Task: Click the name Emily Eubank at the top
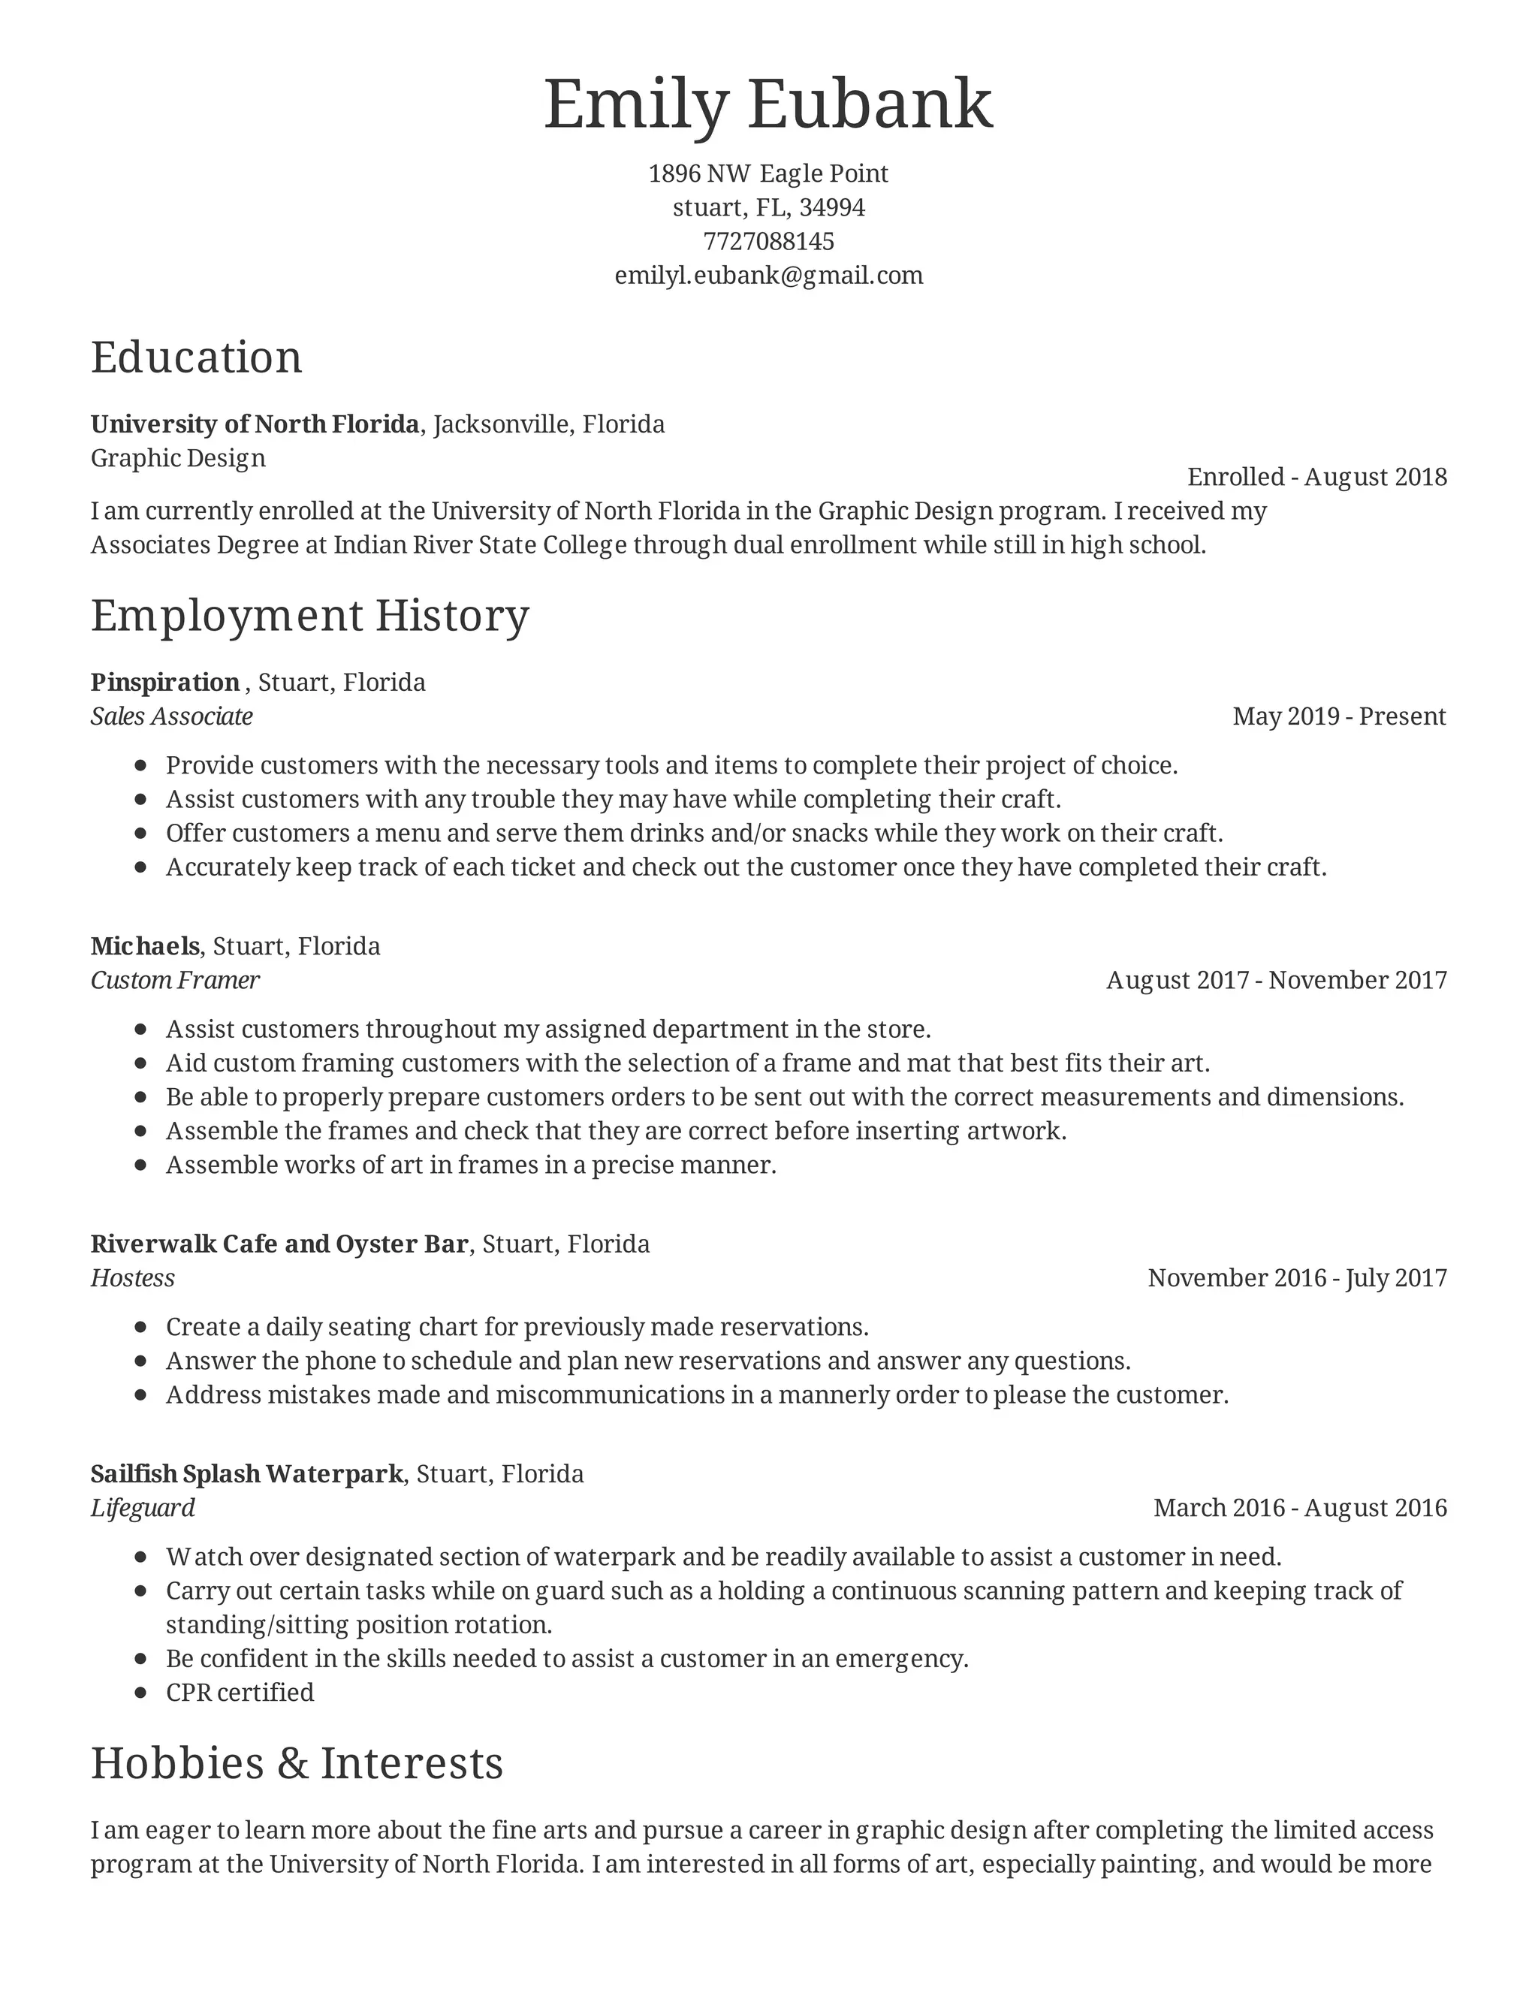click(x=768, y=105)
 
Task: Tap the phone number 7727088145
click(x=768, y=242)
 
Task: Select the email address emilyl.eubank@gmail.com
click(x=768, y=275)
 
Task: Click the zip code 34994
click(x=832, y=208)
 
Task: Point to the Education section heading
click(x=196, y=357)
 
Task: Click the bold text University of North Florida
click(x=255, y=424)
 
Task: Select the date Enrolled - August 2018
click(x=1316, y=477)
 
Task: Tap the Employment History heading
click(x=310, y=615)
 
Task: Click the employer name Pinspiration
click(x=165, y=683)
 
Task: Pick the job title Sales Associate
click(x=171, y=716)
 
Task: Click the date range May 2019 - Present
click(x=1338, y=716)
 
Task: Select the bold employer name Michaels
click(x=145, y=945)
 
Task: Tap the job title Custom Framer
click(x=175, y=981)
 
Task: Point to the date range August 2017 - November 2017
click(x=1276, y=981)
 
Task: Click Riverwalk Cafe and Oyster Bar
click(x=279, y=1244)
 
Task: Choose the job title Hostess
click(x=132, y=1277)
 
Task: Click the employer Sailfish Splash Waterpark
click(x=246, y=1473)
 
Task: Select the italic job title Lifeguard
click(x=142, y=1507)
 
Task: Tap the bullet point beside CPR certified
click(x=140, y=1693)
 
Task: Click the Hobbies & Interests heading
click(x=297, y=1763)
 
